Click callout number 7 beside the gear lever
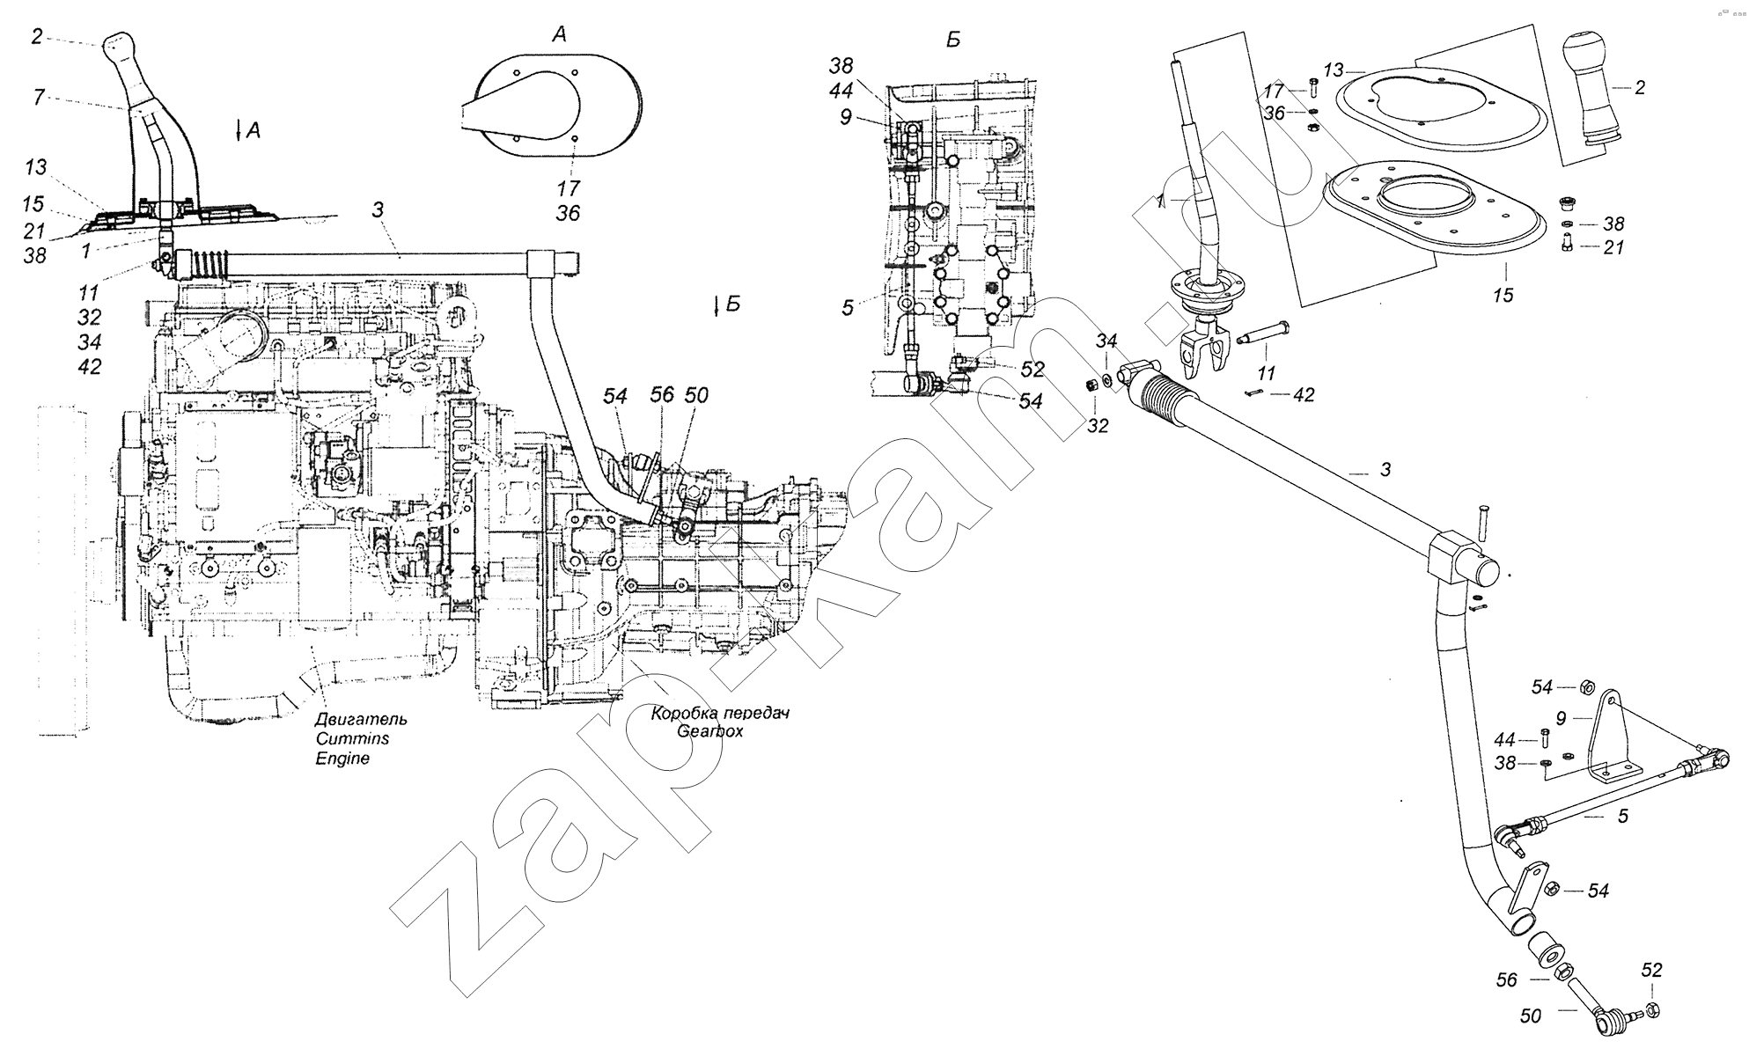pos(38,97)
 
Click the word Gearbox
pos(709,731)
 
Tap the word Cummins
pos(352,739)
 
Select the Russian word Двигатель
pos(361,720)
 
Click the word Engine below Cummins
pos(342,759)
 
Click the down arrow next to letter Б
pos(718,305)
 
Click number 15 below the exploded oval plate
pos(1503,295)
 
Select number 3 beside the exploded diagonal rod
pos(1385,470)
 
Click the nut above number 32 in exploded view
pos(1088,385)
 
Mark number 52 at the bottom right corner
pos(1651,970)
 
